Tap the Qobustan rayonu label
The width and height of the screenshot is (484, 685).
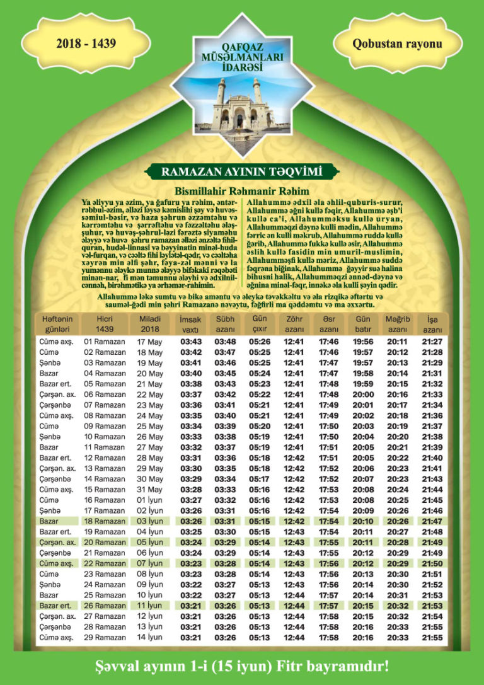[397, 43]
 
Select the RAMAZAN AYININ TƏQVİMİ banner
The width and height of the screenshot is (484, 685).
[242, 171]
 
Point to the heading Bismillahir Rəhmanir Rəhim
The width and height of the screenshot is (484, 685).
[242, 191]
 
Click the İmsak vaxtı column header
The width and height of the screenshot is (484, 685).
[190, 325]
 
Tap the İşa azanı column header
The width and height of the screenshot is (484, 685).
[432, 325]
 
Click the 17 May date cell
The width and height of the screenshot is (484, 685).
[150, 342]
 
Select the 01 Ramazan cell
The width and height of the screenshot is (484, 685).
[105, 342]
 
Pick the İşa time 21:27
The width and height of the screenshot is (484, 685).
[432, 342]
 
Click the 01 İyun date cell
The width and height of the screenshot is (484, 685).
[150, 500]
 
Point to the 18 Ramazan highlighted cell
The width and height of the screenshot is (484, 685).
[105, 521]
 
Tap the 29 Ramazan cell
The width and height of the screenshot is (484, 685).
[105, 637]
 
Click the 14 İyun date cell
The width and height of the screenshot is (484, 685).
[150, 637]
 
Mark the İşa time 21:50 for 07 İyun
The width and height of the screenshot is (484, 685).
[432, 563]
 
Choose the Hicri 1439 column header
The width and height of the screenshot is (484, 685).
[105, 325]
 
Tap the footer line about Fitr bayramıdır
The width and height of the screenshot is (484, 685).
[242, 666]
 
